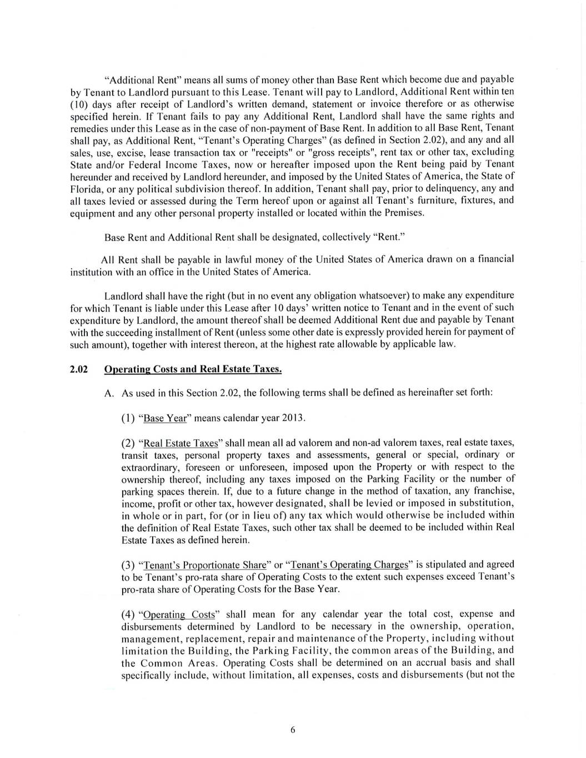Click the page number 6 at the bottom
[293, 730]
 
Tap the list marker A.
[109, 393]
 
